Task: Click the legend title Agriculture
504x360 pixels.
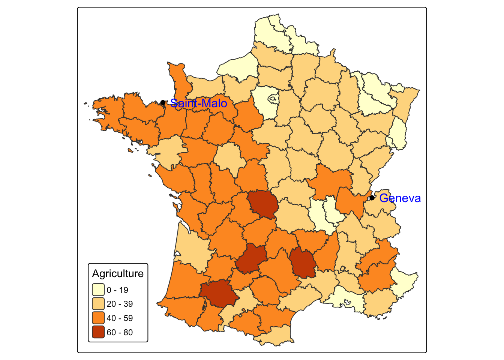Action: pyautogui.click(x=118, y=274)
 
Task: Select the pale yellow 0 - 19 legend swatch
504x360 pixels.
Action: pyautogui.click(x=98, y=290)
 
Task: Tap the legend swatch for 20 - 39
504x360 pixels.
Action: pyautogui.click(x=98, y=304)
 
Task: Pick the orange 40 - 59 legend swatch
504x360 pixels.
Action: pyautogui.click(x=98, y=318)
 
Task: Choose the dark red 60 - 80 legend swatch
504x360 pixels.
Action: pyautogui.click(x=98, y=332)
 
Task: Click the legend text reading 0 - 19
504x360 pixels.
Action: pyautogui.click(x=117, y=290)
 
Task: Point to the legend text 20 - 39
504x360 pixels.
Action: pyautogui.click(x=120, y=304)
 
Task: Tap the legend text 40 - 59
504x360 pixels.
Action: pyautogui.click(x=120, y=318)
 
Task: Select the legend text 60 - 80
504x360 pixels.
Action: pyautogui.click(x=120, y=332)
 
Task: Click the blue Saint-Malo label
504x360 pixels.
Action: pyautogui.click(x=199, y=103)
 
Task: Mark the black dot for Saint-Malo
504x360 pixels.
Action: pyautogui.click(x=163, y=102)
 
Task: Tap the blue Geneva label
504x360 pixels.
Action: pyautogui.click(x=400, y=198)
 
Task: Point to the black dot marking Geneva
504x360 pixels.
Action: pyautogui.click(x=372, y=198)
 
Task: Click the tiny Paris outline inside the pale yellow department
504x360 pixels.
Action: pyautogui.click(x=273, y=99)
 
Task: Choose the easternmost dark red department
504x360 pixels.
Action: pyautogui.click(x=303, y=263)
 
